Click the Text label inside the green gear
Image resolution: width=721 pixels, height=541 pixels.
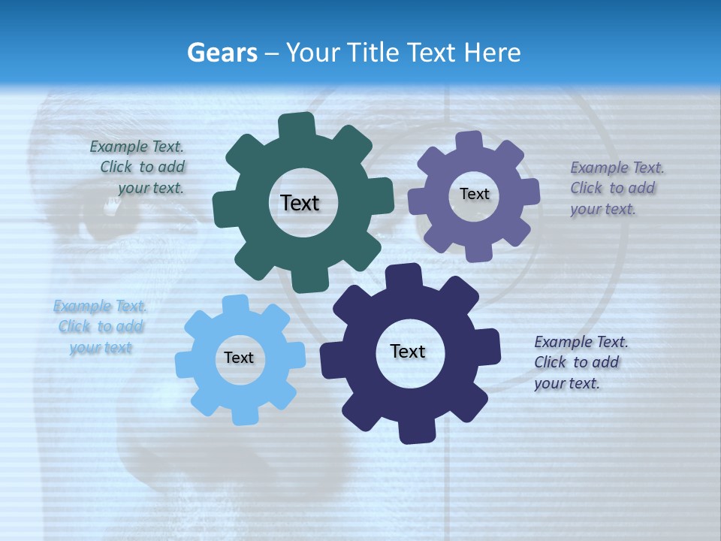point(300,203)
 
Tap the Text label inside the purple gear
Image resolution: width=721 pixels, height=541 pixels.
point(474,194)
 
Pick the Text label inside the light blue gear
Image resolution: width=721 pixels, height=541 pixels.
point(239,358)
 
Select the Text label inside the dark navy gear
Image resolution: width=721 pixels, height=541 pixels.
point(408,351)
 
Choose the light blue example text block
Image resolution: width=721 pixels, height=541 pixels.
point(101,327)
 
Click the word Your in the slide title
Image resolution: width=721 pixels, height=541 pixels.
point(310,53)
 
